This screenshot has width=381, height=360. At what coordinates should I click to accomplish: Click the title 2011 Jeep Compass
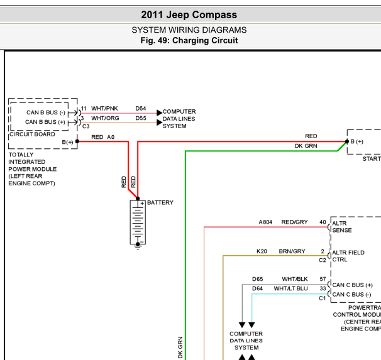(x=189, y=15)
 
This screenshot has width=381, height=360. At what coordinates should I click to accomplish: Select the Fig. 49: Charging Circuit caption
(x=189, y=40)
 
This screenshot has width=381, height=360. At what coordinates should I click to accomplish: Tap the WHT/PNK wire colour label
(x=104, y=108)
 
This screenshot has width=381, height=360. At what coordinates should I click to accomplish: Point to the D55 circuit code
(x=141, y=118)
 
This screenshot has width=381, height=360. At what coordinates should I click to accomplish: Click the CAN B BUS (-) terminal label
(x=46, y=112)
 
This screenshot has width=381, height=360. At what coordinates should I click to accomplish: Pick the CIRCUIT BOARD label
(x=32, y=134)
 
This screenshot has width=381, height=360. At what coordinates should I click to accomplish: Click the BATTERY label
(x=160, y=202)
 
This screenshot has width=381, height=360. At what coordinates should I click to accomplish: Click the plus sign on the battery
(x=142, y=203)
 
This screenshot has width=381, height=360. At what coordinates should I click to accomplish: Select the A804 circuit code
(x=265, y=222)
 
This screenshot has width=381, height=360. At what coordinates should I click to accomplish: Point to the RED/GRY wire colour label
(x=294, y=222)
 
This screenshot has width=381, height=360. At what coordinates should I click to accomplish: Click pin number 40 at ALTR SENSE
(x=323, y=222)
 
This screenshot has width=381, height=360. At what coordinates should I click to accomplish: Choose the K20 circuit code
(x=262, y=251)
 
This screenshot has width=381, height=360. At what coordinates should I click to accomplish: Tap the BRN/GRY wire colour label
(x=292, y=251)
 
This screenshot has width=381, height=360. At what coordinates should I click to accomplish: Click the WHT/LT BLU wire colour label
(x=290, y=288)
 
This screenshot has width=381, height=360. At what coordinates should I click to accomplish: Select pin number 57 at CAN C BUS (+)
(x=323, y=279)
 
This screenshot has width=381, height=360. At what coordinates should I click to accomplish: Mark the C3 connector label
(x=86, y=126)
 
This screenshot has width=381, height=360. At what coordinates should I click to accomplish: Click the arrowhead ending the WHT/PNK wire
(x=160, y=113)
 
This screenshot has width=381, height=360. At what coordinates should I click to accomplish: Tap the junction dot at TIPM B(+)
(x=77, y=141)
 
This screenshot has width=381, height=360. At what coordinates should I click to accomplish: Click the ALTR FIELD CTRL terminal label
(x=348, y=256)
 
